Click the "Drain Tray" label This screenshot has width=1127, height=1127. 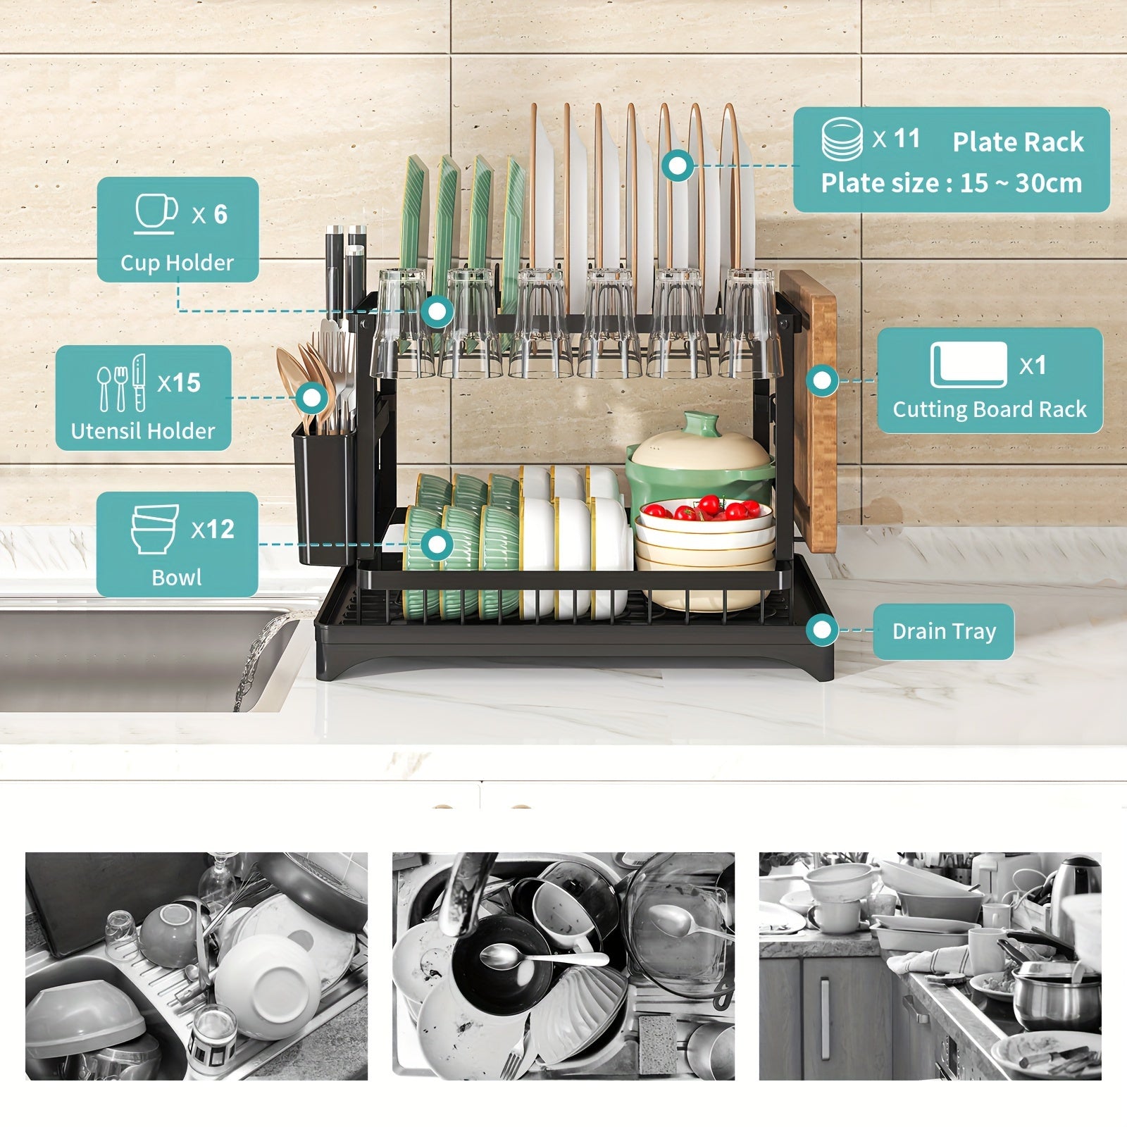tap(944, 631)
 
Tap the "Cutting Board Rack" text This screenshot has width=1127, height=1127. tap(990, 409)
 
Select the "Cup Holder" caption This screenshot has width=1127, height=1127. tap(177, 263)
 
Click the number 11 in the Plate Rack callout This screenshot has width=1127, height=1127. tap(907, 139)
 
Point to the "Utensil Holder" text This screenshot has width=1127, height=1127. tap(143, 431)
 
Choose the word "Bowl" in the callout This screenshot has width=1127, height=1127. tap(177, 578)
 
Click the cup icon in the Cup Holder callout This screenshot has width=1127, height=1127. tap(156, 213)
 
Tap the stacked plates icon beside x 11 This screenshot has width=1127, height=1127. tap(842, 139)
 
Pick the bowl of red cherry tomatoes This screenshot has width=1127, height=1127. tap(704, 511)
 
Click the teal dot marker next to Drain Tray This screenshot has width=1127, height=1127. tap(822, 630)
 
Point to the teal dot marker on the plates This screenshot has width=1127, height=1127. tap(678, 166)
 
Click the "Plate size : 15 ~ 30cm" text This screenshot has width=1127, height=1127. tap(952, 183)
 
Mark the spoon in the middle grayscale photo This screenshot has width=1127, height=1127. tap(542, 957)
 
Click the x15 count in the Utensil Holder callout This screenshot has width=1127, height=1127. tap(179, 382)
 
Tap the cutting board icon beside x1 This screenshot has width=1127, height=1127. tap(969, 364)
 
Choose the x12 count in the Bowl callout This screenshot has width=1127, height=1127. tap(213, 529)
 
